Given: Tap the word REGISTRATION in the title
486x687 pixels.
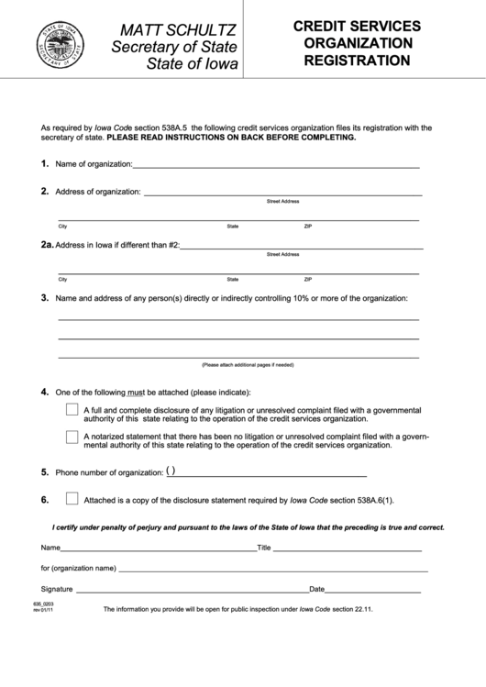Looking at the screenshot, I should coord(358,61).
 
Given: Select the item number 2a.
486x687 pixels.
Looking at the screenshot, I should coord(47,245).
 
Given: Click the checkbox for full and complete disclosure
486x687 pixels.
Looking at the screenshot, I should coord(72,410).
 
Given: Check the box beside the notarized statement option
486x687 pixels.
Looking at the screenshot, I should coord(72,437).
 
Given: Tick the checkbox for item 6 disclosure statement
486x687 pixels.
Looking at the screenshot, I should coord(72,500).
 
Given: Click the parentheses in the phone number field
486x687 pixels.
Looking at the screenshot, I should coord(172,472).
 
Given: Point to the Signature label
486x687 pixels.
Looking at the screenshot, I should coord(57,588).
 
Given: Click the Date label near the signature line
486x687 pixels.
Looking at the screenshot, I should coord(317,588).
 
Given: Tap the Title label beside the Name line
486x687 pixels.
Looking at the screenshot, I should coord(264,548).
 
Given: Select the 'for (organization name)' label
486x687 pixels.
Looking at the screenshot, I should coord(78,568).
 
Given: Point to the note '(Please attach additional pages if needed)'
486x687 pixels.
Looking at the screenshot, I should coord(248,364).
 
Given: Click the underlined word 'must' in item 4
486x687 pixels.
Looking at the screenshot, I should coord(136,391).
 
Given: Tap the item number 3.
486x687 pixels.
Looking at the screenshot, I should coord(44,298).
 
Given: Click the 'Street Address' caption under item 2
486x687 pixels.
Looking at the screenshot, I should coord(282,201).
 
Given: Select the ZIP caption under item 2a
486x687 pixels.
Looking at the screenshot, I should coord(308,279).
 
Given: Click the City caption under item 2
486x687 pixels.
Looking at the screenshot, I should coord(62,226).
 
